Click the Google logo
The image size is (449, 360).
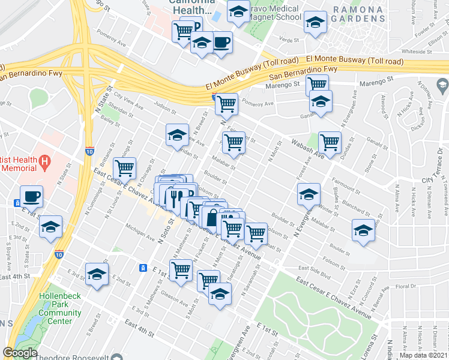coord(20,353)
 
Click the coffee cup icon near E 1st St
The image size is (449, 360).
coord(31,196)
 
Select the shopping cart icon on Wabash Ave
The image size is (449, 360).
coord(330,142)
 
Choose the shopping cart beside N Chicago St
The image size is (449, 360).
coord(125,168)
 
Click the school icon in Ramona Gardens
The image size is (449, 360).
coord(316,22)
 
